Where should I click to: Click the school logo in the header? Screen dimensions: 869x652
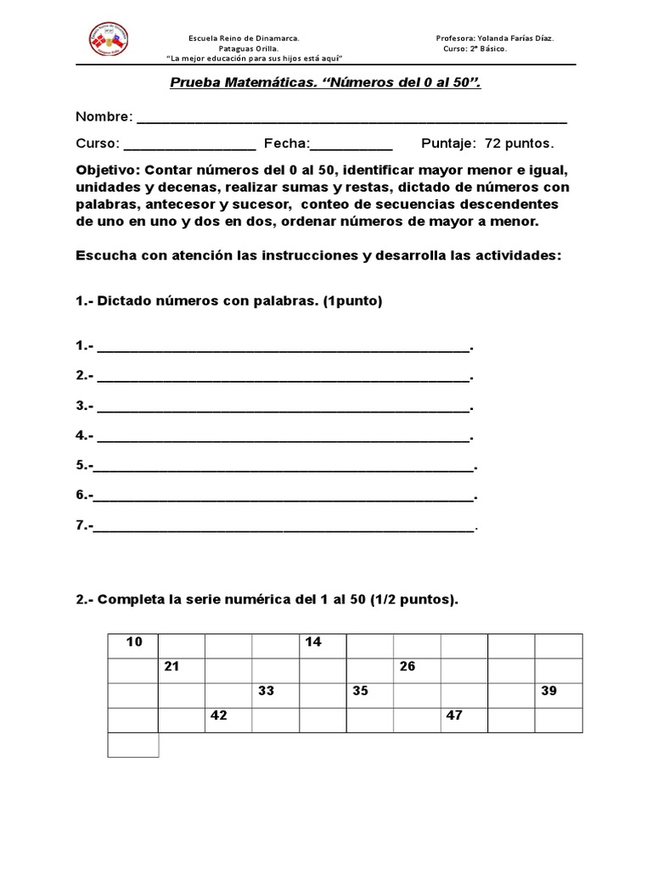coord(108,40)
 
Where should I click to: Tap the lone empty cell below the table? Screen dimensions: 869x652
coord(134,744)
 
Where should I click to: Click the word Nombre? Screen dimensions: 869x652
coord(104,116)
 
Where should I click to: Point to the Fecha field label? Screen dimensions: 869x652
coord(287,143)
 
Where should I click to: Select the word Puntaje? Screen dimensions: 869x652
coord(450,143)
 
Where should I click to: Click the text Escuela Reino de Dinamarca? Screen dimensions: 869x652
coord(243,38)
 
